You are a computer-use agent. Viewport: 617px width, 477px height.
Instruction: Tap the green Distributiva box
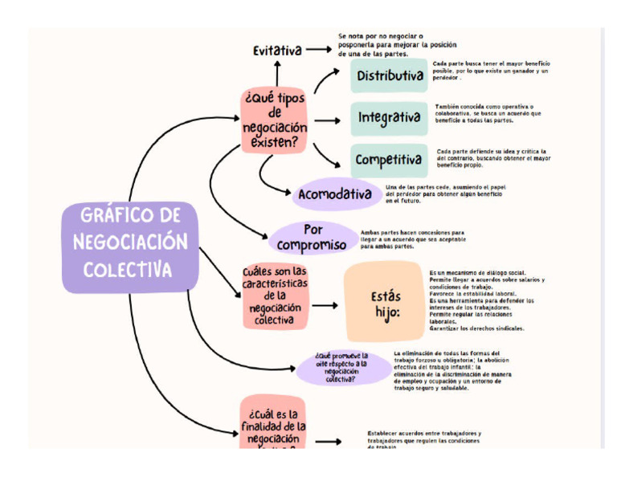[x=389, y=76]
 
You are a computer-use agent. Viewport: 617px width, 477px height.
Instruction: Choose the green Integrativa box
[x=389, y=118]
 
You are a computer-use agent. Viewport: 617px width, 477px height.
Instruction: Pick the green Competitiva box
[x=389, y=160]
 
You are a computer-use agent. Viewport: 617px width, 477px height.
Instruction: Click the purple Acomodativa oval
[x=335, y=194]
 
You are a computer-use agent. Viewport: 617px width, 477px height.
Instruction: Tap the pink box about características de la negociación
[x=275, y=296]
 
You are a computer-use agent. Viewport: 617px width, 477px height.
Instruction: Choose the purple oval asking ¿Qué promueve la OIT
[x=341, y=367]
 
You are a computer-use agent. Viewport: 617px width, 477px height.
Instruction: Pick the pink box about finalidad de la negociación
[x=272, y=423]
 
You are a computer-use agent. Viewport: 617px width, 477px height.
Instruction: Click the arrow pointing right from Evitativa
[x=318, y=49]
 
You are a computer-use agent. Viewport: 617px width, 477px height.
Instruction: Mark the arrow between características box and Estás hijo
[x=325, y=305]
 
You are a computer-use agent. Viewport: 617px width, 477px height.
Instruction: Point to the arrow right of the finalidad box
[x=327, y=441]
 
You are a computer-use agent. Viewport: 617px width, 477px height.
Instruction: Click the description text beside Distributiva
[x=490, y=71]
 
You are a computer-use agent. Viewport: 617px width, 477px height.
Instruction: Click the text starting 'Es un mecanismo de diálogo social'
[x=486, y=300]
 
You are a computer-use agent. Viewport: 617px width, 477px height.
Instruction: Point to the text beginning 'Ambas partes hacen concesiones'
[x=412, y=238]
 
